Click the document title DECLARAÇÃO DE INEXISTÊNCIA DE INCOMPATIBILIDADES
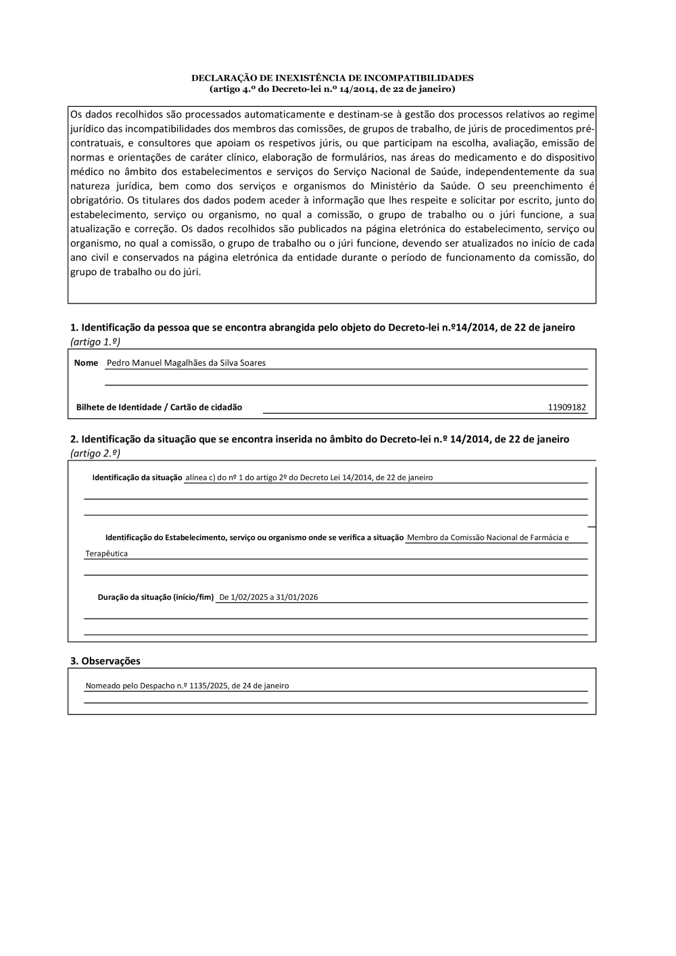(332, 78)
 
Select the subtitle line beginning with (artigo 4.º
(332, 89)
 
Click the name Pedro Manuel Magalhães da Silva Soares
(186, 363)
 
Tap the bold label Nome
(86, 363)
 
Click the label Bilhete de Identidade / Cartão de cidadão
(159, 408)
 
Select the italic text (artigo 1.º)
(95, 342)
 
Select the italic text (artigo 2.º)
(95, 454)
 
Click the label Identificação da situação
(137, 478)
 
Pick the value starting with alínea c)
(309, 478)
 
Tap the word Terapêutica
(106, 554)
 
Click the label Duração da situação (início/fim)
(155, 598)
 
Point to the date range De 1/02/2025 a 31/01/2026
(268, 598)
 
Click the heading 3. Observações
(105, 661)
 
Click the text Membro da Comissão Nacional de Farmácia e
(487, 538)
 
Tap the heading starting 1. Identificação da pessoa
(322, 328)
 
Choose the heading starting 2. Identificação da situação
(320, 439)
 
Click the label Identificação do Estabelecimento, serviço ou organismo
(254, 538)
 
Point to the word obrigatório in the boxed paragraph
(95, 201)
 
